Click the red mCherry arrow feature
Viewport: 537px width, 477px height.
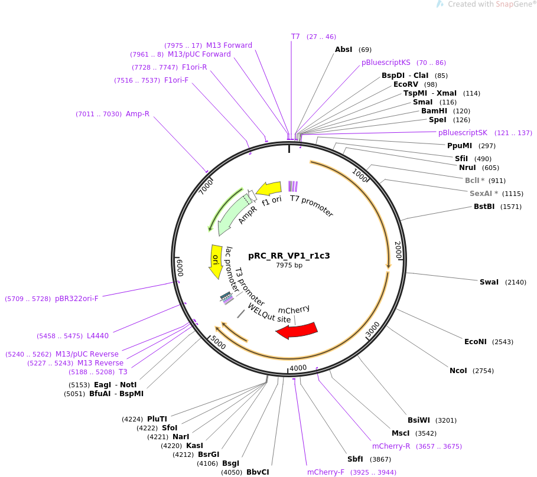click(297, 331)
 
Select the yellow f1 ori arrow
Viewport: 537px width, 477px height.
click(269, 188)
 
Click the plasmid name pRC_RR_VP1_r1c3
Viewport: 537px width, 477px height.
click(289, 256)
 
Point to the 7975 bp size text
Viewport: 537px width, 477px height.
click(289, 265)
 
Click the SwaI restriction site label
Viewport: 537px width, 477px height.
click(489, 282)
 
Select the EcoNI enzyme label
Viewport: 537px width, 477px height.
click(476, 342)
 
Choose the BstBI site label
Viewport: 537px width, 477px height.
click(484, 207)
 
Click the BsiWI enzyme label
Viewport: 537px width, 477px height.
click(419, 420)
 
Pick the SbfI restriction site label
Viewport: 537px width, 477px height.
click(355, 459)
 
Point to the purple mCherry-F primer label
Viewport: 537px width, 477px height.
click(326, 472)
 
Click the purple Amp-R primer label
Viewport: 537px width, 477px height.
click(138, 114)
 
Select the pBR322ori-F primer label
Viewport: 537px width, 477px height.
click(77, 299)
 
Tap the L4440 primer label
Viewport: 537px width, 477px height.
click(97, 336)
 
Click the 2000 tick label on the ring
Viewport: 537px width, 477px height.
click(398, 250)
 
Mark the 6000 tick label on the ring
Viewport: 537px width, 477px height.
click(181, 267)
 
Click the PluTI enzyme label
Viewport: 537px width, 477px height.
click(157, 419)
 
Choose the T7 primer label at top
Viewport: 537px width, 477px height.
click(295, 37)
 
